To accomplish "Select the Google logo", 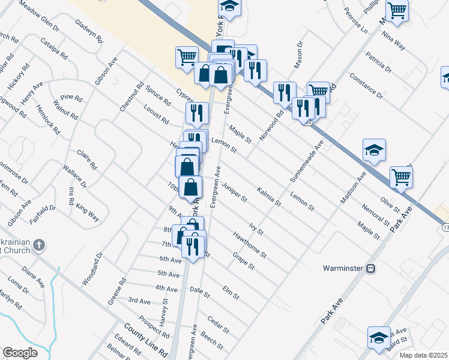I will pyautogui.click(x=19, y=353).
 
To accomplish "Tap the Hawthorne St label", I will pyautogui.click(x=251, y=246).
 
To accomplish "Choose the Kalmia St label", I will pyautogui.click(x=269, y=196).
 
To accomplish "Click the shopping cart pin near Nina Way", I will pyautogui.click(x=397, y=10).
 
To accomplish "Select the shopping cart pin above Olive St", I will pyautogui.click(x=401, y=176).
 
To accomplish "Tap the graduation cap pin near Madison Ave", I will pyautogui.click(x=374, y=150).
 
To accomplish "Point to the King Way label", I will pyautogui.click(x=88, y=214).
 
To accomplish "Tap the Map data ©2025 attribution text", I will pyautogui.click(x=423, y=355).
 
